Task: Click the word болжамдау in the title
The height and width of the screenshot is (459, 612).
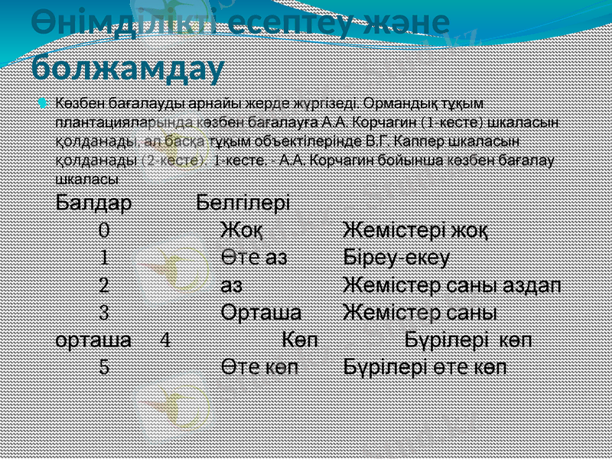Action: pos(128,67)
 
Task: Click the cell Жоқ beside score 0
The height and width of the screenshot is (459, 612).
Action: pos(243,229)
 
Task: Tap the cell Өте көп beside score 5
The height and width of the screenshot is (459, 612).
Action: pos(260,366)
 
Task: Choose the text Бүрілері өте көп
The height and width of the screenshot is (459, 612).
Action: pos(424,366)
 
